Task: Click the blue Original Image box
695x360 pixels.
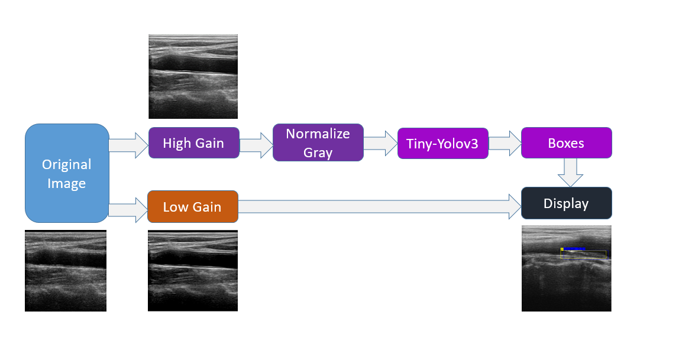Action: [67, 173]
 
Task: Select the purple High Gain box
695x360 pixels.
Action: [193, 143]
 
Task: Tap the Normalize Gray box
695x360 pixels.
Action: [318, 142]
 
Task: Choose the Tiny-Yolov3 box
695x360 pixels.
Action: [443, 144]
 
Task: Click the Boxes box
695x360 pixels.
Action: [567, 143]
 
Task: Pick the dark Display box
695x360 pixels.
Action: [567, 203]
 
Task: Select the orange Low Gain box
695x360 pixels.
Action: [193, 207]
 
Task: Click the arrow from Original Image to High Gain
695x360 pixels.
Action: [128, 145]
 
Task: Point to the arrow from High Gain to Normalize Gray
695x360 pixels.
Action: [256, 145]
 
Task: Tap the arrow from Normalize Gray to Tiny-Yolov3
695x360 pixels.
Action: [381, 144]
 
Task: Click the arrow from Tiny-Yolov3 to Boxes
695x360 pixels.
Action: [505, 144]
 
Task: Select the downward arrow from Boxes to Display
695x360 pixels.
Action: [570, 173]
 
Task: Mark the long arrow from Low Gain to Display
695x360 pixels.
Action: [380, 207]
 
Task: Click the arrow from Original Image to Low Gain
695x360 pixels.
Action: [128, 210]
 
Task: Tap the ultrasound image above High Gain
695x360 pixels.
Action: [193, 77]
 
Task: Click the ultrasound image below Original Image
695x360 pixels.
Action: [66, 271]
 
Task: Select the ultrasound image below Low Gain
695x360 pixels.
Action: [193, 271]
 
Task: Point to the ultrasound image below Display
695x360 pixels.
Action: [567, 268]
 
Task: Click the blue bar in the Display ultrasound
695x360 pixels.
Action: [574, 249]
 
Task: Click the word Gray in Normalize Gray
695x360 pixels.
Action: [318, 153]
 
